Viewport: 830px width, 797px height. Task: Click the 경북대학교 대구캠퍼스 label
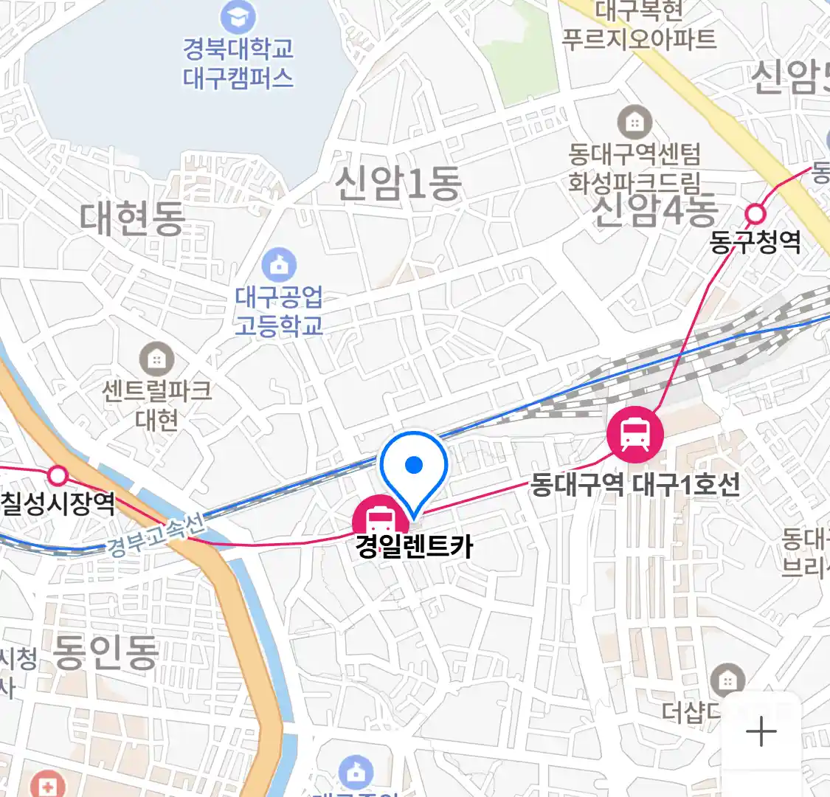(238, 63)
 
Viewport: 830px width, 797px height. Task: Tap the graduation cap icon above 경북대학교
(238, 17)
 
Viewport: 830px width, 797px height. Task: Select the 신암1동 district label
(398, 184)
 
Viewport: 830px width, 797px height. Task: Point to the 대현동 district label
(132, 218)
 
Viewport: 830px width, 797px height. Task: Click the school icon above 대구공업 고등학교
(279, 265)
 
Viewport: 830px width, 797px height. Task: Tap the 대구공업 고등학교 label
(279, 311)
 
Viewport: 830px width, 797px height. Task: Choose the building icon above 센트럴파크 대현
(156, 359)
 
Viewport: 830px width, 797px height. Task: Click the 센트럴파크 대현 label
(156, 404)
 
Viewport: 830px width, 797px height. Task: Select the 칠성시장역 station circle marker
(58, 475)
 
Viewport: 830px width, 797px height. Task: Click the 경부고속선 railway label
(155, 535)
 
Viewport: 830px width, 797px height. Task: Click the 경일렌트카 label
(414, 547)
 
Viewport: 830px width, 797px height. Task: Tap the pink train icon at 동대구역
(634, 434)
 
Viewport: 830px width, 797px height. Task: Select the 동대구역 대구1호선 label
(635, 485)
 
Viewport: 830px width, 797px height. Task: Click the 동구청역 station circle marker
(755, 214)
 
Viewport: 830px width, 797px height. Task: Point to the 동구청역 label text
(755, 242)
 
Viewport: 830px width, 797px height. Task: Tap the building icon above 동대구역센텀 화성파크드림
(634, 123)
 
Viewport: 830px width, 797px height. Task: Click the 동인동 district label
(106, 652)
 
